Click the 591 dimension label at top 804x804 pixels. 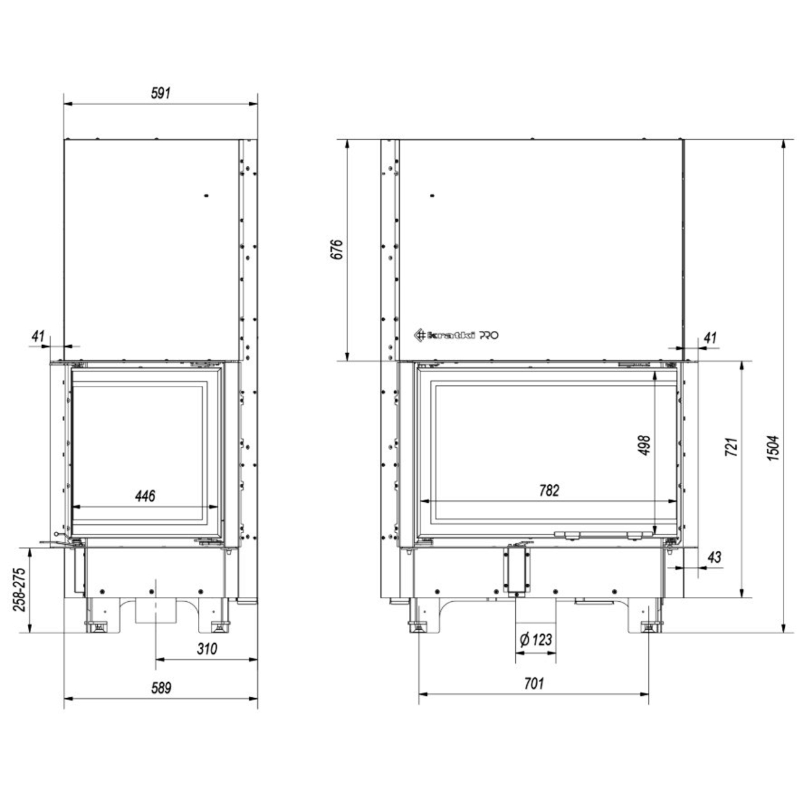[160, 93]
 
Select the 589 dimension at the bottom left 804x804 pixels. [161, 688]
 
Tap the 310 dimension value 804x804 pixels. [207, 649]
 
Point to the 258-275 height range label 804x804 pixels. [19, 589]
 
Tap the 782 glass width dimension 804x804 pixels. [549, 490]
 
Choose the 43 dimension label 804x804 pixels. [714, 557]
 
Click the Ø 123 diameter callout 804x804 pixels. [536, 639]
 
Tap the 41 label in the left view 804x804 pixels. [38, 336]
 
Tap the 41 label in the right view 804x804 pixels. [710, 338]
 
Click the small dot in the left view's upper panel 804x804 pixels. [206, 196]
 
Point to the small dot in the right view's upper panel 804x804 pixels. [432, 196]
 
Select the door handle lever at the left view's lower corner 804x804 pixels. [59, 541]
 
